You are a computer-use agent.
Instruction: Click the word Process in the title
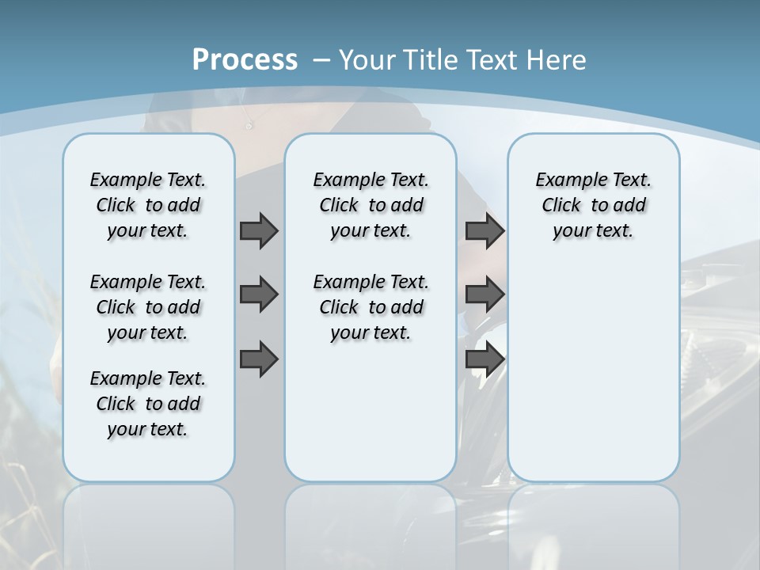[245, 60]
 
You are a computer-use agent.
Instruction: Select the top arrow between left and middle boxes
[259, 230]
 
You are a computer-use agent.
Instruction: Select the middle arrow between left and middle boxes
[259, 294]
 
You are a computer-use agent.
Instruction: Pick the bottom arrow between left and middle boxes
[259, 359]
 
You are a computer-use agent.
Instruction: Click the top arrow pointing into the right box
[484, 230]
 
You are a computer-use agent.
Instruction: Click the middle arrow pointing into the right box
[484, 294]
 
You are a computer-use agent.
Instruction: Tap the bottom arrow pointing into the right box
[484, 359]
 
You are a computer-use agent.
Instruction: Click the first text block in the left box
[148, 205]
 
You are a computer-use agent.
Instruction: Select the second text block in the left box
[148, 307]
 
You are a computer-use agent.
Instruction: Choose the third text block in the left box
[148, 404]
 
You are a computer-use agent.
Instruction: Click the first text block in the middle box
[370, 205]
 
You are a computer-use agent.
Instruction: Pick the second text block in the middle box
[370, 307]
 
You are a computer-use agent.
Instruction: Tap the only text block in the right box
[593, 205]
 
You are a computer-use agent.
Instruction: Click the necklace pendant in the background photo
[249, 125]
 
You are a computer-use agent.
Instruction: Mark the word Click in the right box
[561, 205]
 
